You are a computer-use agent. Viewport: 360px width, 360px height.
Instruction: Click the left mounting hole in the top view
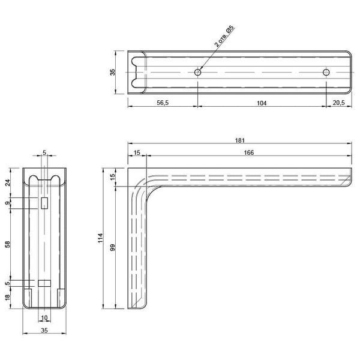[197, 73]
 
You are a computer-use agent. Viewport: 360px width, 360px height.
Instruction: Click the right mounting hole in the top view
[326, 73]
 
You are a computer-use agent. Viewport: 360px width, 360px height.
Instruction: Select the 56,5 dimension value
[163, 103]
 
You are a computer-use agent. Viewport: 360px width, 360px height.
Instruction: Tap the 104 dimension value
[262, 103]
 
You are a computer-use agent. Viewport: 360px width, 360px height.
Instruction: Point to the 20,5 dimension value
[338, 103]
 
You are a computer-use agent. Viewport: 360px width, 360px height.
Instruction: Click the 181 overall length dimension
[239, 140]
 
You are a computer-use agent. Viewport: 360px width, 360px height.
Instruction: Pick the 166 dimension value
[249, 152]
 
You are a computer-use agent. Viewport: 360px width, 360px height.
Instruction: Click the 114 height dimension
[100, 238]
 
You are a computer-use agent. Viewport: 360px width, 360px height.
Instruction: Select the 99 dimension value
[113, 247]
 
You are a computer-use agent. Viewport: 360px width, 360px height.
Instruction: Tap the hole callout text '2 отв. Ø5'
[224, 36]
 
